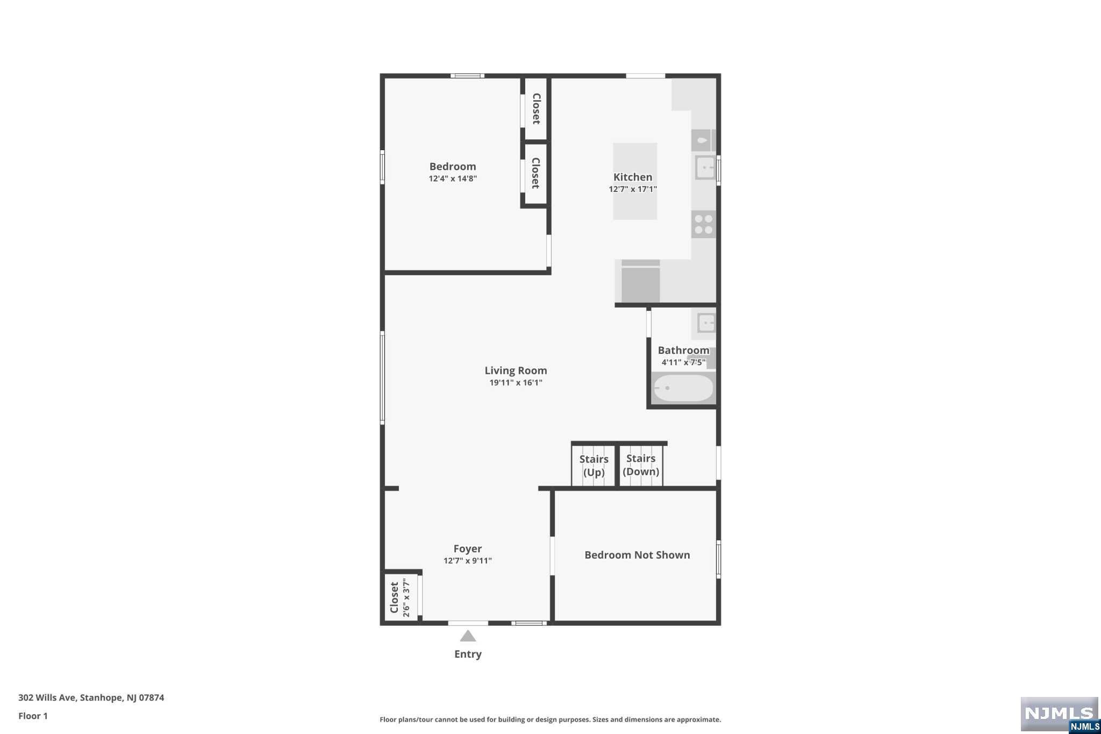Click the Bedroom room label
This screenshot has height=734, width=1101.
coord(453,167)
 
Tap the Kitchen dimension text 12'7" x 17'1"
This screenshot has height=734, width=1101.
coord(633,189)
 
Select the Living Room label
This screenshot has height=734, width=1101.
coord(516,370)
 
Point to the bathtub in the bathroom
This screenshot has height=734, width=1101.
coord(683,388)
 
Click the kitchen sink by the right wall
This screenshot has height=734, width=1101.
coord(705,168)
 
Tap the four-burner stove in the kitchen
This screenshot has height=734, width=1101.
coord(704,224)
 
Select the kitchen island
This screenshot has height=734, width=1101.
coord(635,181)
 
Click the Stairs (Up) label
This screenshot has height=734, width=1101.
coord(594,466)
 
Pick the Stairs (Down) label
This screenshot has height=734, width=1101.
coord(641,465)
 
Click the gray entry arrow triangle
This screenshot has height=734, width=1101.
coord(468,636)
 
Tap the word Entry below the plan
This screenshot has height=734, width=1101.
coord(468,654)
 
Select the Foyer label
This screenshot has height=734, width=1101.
coord(468,548)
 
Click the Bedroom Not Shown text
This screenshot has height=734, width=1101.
coord(637,555)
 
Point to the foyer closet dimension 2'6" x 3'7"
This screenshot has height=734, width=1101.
coord(406,597)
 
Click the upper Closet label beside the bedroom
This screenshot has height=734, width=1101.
coord(536,109)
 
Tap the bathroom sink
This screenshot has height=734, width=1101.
coord(706,323)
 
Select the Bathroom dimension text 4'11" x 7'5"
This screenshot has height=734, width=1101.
coord(683,362)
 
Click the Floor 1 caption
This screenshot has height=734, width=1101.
coord(33,716)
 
